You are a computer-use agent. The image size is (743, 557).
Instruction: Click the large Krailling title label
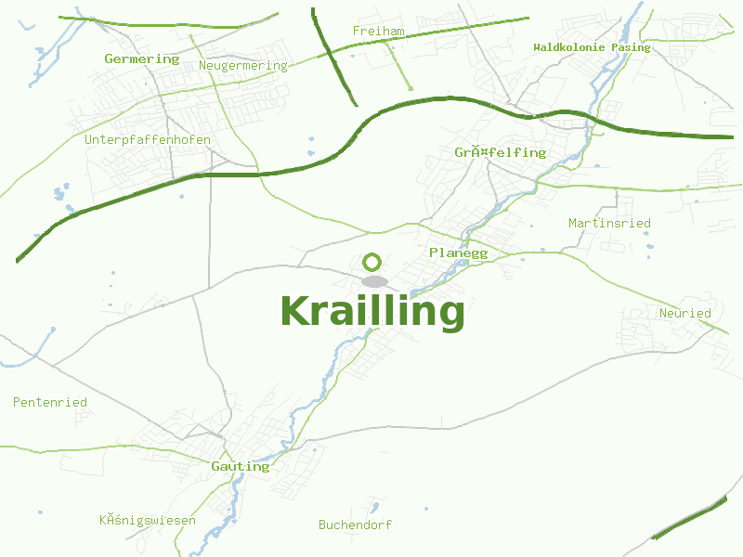coord(371,311)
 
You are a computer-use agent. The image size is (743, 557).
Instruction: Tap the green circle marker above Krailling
coord(372,262)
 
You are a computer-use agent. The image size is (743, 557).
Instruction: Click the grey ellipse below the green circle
coord(373,280)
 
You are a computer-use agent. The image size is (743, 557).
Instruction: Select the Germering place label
coord(141,58)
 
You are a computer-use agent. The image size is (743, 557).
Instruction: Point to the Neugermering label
coord(242,66)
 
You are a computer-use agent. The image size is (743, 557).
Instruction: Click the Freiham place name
coord(378,32)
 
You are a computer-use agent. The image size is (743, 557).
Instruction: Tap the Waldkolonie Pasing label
coord(592,47)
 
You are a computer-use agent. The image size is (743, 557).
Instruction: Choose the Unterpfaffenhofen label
coord(147,140)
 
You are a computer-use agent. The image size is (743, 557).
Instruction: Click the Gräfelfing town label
coord(500,152)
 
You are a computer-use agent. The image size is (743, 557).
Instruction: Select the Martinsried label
coord(609,223)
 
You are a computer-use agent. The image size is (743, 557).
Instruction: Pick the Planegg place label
coord(458,253)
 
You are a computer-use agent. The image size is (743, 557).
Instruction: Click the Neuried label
coord(684,313)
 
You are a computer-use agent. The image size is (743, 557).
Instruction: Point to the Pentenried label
coord(49,402)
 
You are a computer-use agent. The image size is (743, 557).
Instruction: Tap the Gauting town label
coord(240,466)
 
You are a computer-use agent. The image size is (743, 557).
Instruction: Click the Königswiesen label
coord(147,520)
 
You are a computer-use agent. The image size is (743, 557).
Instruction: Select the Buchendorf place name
coord(355,525)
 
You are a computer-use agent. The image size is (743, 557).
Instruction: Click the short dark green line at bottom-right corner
coord(689,519)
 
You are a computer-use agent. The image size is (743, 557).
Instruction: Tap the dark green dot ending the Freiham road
coord(410,89)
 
